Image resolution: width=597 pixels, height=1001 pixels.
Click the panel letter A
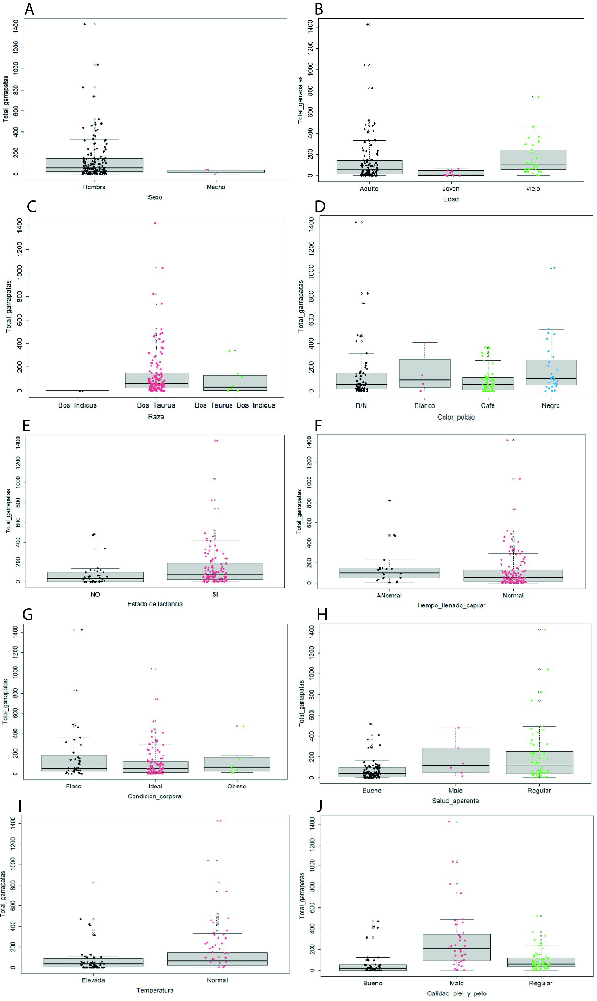pos(29,9)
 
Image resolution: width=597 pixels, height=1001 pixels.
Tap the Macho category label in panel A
pos(215,187)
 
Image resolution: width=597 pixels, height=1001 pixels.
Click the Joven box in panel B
pos(451,173)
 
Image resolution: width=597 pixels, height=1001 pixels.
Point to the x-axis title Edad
pos(451,199)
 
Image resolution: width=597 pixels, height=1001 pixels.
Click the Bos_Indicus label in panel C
pos(77,405)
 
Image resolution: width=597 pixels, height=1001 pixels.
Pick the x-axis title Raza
pos(156,416)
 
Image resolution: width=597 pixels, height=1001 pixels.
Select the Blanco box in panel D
pos(424,373)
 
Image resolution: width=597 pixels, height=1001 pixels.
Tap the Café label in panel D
pos(488,406)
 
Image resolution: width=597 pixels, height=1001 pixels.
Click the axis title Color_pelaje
pos(456,417)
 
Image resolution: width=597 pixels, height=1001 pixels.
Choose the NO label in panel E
pos(95,594)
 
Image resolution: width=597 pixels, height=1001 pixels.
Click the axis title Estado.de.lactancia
pos(155,604)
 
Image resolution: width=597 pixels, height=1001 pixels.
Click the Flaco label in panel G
pos(74,786)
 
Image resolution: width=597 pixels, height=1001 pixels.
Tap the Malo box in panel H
pos(455,760)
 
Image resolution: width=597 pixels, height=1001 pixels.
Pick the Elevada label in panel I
pos(93,980)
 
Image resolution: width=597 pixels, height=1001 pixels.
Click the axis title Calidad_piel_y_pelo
pos(456,993)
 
